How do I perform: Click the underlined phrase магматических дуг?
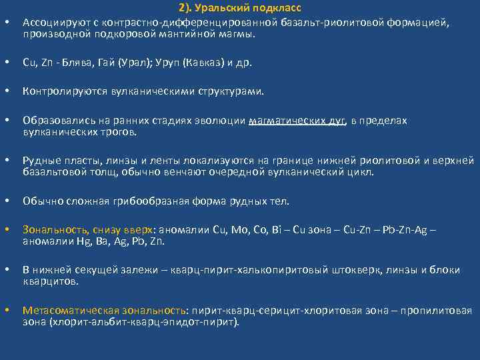point(297,121)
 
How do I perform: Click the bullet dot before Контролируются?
point(7,91)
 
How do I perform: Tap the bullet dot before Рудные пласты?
point(7,161)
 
